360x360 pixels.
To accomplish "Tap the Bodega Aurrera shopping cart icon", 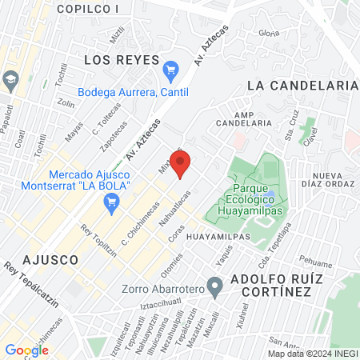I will (170, 70).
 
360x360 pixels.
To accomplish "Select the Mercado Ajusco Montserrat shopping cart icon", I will (112, 205).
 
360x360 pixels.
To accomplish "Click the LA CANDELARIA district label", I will (301, 84).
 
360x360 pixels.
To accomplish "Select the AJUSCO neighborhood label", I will (51, 260).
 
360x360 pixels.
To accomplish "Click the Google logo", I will (26, 350).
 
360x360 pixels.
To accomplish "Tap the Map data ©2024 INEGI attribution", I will (312, 354).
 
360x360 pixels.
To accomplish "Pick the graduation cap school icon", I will (10, 80).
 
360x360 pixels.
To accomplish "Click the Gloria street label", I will (269, 34).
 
